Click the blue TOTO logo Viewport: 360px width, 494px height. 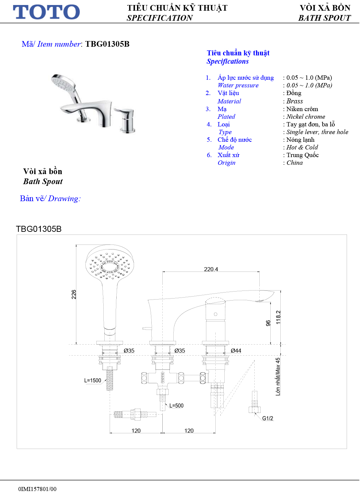[46, 12]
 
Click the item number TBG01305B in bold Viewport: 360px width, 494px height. [107, 44]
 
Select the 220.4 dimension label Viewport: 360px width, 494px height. [211, 269]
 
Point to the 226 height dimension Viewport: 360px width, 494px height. [74, 295]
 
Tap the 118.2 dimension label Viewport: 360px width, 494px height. [278, 317]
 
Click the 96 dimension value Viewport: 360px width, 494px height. [268, 323]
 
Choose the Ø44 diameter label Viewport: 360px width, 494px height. [236, 351]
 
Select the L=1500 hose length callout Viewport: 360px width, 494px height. [93, 381]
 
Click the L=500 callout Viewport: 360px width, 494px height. [176, 406]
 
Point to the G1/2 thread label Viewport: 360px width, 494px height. [268, 418]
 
